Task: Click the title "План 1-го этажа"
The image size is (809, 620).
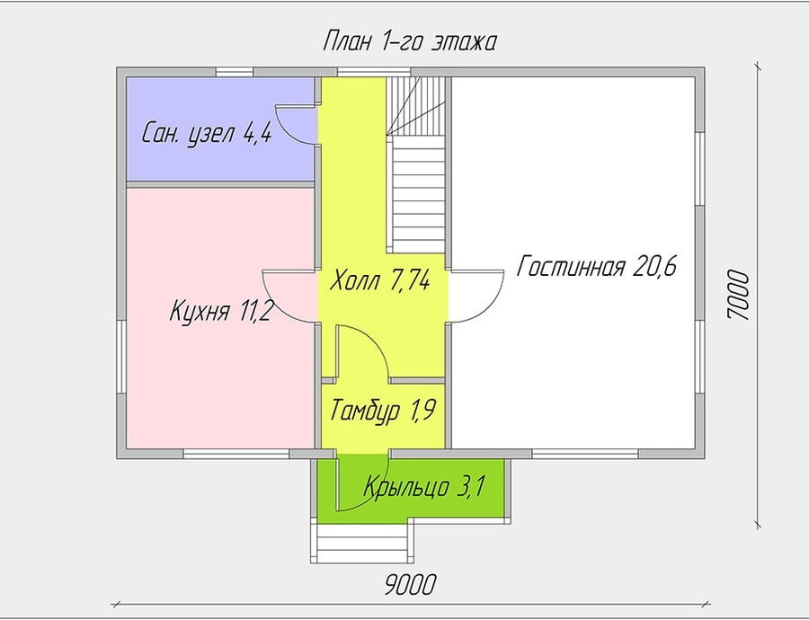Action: tap(409, 41)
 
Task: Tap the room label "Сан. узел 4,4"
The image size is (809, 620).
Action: tap(207, 134)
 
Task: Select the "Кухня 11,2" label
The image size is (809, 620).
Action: tap(220, 312)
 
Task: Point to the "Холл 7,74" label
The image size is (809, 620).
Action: tap(379, 280)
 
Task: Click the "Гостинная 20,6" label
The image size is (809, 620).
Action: tap(597, 267)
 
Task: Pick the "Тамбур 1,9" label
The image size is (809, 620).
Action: tap(383, 410)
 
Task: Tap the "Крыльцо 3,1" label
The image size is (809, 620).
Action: tap(424, 486)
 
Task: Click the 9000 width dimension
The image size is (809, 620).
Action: tap(411, 584)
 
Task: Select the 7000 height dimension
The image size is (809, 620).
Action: tap(737, 296)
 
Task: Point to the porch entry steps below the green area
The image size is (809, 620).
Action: tap(362, 543)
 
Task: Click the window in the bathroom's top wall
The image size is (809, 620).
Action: tap(235, 72)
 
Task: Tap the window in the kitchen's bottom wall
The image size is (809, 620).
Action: tap(236, 454)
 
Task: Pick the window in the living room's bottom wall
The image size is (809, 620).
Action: tap(585, 454)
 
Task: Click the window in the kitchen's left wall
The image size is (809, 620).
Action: tap(121, 358)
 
